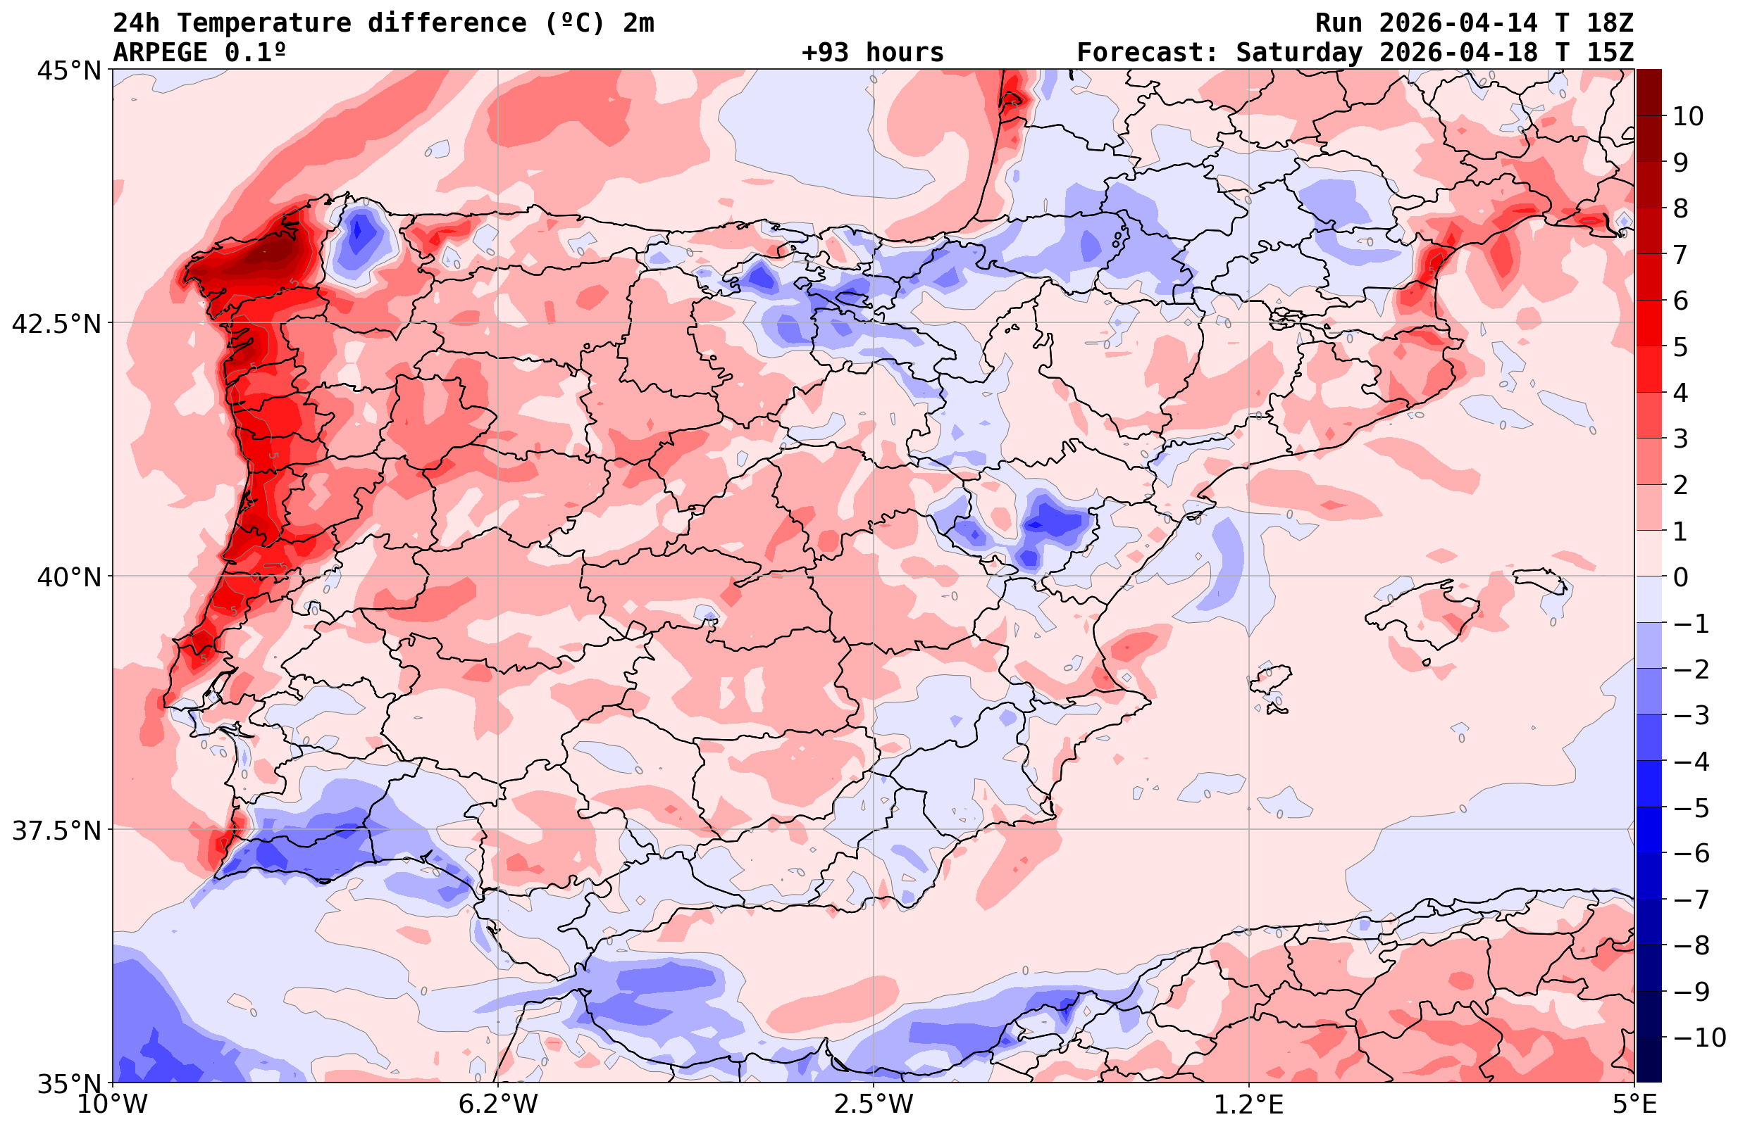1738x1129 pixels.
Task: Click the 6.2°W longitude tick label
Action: coord(497,1104)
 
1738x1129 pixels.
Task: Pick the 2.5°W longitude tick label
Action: coord(874,1104)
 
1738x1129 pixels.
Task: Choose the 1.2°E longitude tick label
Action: coord(1249,1104)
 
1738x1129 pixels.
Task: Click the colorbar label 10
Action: coord(1687,116)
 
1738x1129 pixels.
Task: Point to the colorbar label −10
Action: coord(1698,1037)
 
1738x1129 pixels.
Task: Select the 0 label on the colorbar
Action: coord(1680,577)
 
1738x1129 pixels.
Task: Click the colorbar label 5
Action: coord(1680,347)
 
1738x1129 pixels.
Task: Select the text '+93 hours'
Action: coord(872,53)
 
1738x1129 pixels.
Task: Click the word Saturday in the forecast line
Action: coord(1299,53)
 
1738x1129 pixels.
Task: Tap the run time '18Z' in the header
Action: coord(1610,23)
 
